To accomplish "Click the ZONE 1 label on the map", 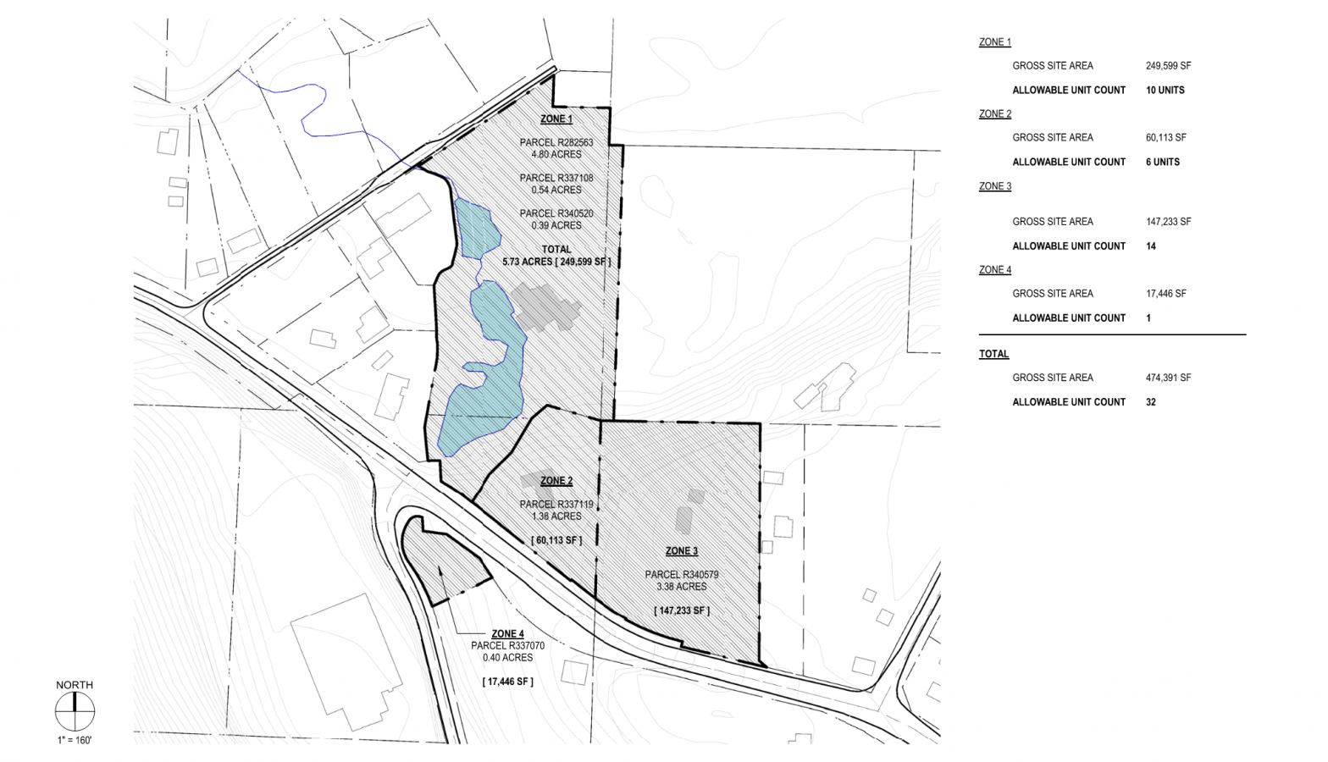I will click(556, 119).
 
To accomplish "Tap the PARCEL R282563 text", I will click(556, 143).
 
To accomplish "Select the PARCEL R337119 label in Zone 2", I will click(556, 505).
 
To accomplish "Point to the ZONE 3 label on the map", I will click(682, 551).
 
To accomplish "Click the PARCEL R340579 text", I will click(682, 575).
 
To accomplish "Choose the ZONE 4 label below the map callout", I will click(507, 634).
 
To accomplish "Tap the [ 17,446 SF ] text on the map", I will click(508, 682).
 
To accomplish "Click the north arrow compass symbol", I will click(75, 712).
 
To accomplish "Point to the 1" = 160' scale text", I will click(75, 741).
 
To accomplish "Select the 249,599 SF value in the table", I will click(1168, 66).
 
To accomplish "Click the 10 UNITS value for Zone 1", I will click(1165, 91).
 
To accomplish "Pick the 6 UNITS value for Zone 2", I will click(1162, 163).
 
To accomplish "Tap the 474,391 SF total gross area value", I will click(1168, 378).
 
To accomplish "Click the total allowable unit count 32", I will click(1151, 403).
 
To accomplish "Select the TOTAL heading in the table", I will click(993, 355).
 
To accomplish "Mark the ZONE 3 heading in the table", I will click(994, 186).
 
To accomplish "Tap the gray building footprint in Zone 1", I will click(545, 306).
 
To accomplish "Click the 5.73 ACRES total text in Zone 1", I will click(556, 262).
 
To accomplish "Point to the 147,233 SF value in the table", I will click(1168, 222).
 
